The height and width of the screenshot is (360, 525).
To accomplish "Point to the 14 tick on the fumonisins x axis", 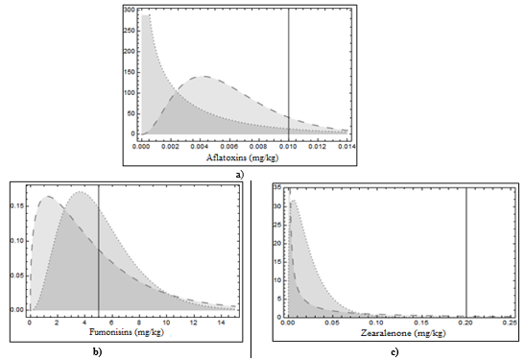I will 220,322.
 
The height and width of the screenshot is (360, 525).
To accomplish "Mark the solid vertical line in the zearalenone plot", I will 466,250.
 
